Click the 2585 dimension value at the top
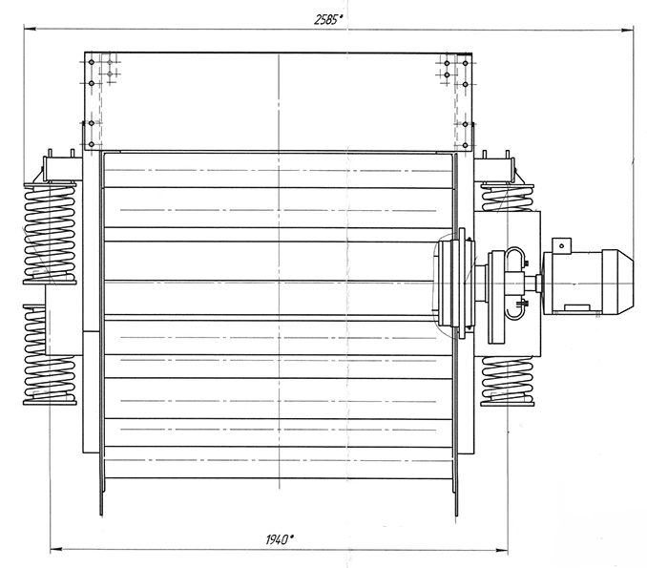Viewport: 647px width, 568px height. [x=328, y=19]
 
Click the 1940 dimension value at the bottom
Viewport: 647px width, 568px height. [x=280, y=539]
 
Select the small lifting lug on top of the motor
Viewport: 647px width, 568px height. [x=561, y=244]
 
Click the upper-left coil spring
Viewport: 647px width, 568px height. [x=50, y=233]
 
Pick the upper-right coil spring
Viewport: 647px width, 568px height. [x=507, y=199]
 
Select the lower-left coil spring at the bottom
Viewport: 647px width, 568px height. [x=50, y=381]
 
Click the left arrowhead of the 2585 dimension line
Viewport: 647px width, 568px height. [x=30, y=29]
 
